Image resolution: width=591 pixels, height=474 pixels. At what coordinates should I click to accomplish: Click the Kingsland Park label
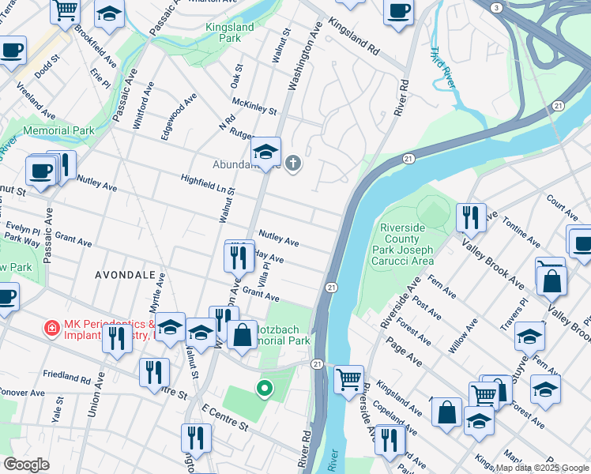coord(230,32)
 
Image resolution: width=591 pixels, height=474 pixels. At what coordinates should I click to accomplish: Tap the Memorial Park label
coord(58,130)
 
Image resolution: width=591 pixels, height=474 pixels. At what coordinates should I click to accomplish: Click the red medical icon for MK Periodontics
coord(52,327)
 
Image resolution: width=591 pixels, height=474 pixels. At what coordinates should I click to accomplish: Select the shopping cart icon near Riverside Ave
coord(348,379)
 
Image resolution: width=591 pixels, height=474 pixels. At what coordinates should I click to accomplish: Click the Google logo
coord(26,465)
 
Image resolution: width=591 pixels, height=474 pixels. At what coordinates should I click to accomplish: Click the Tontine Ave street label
coord(521,230)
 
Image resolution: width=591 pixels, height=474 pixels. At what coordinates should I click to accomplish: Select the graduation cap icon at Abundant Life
coord(266,150)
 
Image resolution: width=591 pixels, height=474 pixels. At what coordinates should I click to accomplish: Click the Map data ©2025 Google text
coord(541,468)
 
